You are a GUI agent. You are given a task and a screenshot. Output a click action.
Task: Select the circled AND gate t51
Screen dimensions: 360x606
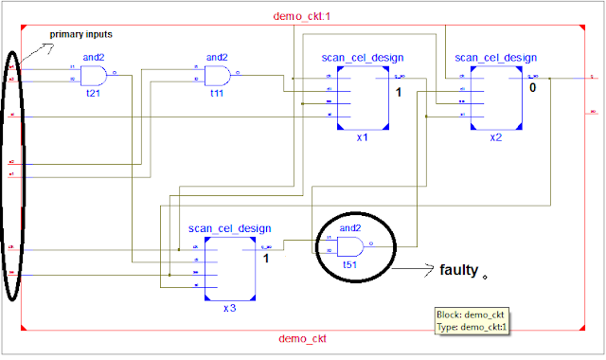pos(351,248)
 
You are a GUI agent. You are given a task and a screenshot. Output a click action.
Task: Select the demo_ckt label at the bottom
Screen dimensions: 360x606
pos(304,338)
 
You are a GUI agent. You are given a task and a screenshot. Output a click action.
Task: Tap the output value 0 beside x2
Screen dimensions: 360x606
pos(532,87)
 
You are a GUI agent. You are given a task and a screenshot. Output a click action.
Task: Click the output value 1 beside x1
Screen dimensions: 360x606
pos(399,93)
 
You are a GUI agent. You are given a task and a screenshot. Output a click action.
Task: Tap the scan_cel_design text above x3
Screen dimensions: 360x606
pos(229,228)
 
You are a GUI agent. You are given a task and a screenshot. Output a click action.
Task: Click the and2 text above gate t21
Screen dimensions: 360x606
pos(94,57)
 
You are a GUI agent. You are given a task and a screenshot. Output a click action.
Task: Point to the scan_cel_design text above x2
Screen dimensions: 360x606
pos(495,57)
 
